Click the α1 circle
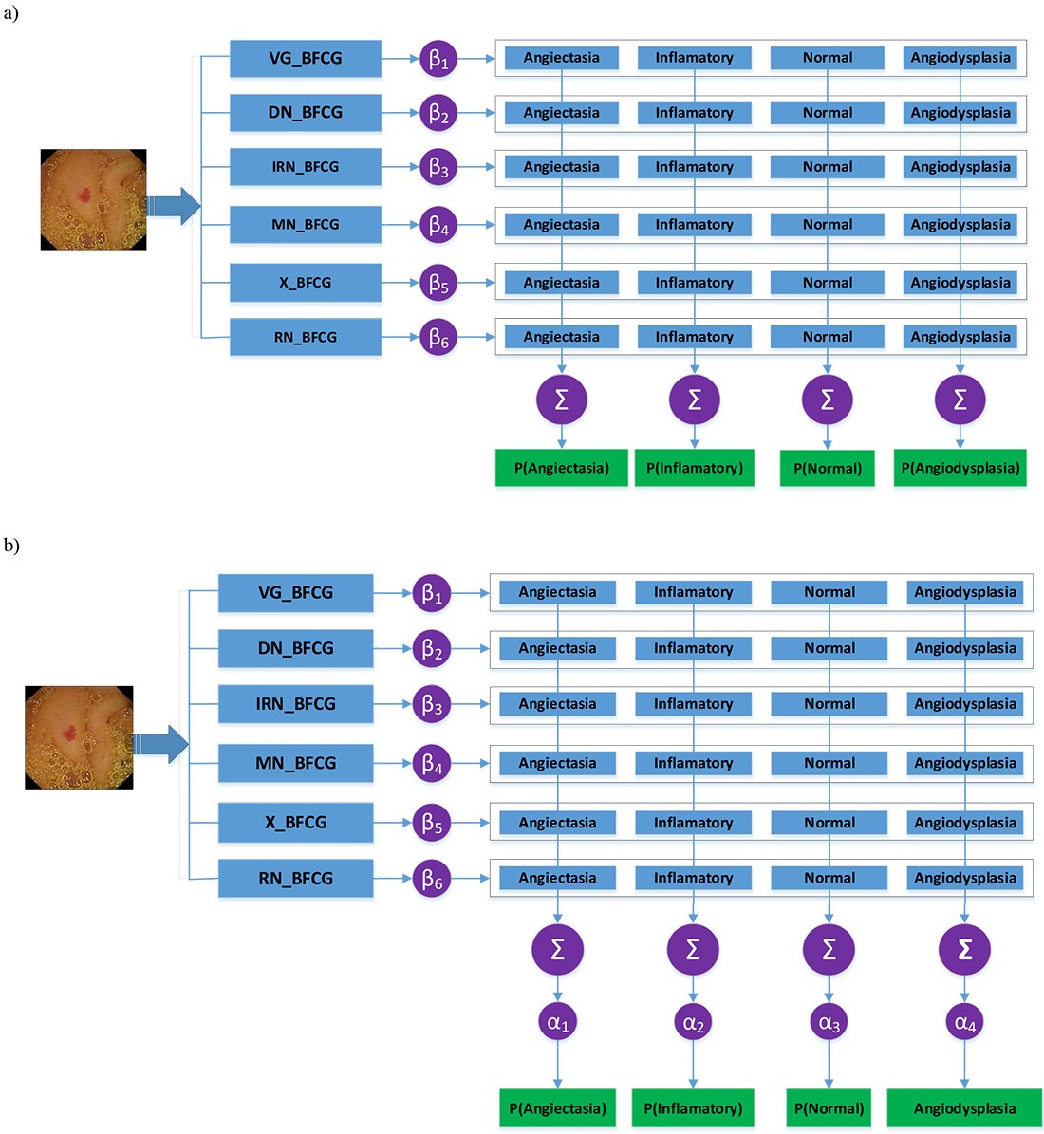[557, 1022]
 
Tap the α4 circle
[964, 1022]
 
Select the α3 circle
[829, 1022]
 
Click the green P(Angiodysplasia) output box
[960, 468]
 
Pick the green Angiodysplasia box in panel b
[964, 1108]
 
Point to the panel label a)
[10, 13]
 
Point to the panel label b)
[10, 545]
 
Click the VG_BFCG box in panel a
[305, 59]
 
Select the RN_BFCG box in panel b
[295, 879]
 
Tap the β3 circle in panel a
[438, 168]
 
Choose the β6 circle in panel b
[432, 880]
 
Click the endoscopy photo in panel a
[93, 199]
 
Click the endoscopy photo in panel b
[79, 737]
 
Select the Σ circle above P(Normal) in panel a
[827, 400]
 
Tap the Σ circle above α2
[693, 949]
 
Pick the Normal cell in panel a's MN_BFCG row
[827, 225]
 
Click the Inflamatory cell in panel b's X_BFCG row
[693, 823]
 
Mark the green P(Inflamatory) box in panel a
[694, 468]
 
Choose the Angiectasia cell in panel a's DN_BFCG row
[561, 113]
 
